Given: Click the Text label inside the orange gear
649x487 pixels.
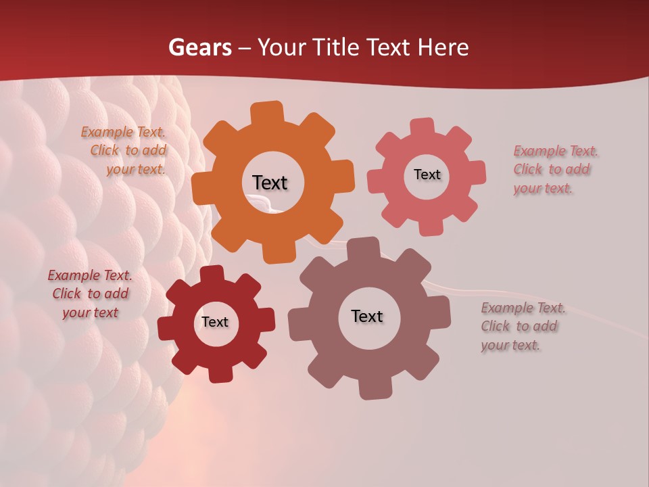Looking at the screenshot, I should (270, 183).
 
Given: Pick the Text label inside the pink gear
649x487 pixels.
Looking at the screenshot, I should (427, 175).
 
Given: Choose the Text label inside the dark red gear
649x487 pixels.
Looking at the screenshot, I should (215, 322).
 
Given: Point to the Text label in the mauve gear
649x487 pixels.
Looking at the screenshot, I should (367, 316).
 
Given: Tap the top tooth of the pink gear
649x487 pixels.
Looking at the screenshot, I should (423, 127).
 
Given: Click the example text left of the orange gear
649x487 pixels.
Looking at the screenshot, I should (126, 151).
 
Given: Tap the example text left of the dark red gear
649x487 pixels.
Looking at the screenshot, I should (90, 294).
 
